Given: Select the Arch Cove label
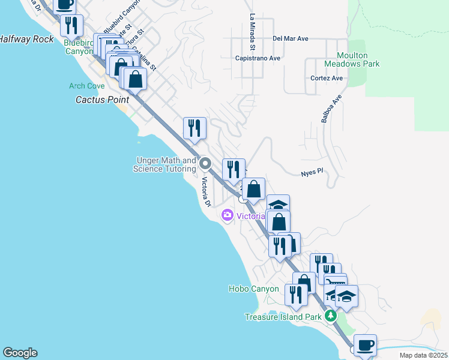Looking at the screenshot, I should tap(86, 86).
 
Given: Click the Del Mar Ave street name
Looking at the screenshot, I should tap(290, 38).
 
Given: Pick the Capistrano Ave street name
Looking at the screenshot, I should tap(258, 58).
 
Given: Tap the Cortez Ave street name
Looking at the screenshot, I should tap(327, 78).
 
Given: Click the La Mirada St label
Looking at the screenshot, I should tap(253, 31).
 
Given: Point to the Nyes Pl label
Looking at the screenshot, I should tap(312, 172).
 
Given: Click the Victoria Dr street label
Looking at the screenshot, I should tap(206, 191).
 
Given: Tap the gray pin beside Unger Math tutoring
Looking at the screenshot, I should tap(205, 163).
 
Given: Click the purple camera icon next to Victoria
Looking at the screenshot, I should tap(228, 215).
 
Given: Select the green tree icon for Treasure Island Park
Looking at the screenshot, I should tap(329, 316).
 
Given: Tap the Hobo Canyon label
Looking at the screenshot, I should tap(253, 289).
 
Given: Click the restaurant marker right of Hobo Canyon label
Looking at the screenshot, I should tap(295, 295).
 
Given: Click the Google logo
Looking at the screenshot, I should tap(20, 353).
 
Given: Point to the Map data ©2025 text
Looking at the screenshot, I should tap(423, 355).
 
